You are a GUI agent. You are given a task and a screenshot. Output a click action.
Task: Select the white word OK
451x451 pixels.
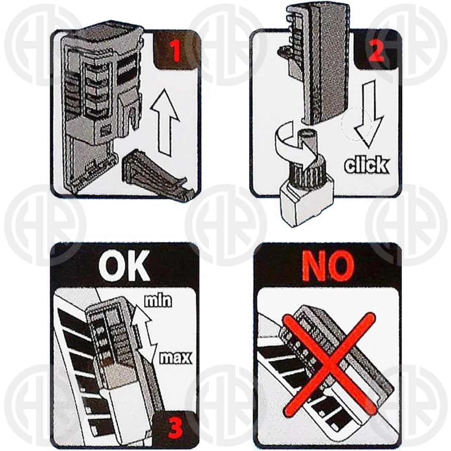(124, 266)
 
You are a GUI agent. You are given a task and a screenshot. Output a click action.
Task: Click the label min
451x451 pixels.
(157, 300)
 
